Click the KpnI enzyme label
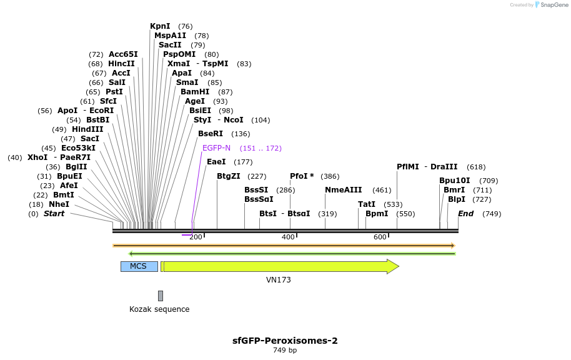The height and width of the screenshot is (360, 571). click(160, 26)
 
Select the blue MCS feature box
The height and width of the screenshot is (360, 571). click(139, 266)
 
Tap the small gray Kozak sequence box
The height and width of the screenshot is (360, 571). click(161, 296)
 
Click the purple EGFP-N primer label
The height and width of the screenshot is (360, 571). click(216, 148)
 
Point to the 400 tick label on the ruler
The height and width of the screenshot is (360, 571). click(288, 237)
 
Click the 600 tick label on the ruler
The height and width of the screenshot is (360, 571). click(380, 237)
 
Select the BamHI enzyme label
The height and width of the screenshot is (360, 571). click(195, 92)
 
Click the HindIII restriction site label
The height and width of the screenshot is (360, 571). click(87, 129)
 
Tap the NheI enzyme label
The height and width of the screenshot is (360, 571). click(59, 204)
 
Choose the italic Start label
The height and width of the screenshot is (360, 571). click(54, 214)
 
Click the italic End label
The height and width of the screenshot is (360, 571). click(465, 214)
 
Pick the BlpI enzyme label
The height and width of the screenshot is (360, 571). click(457, 199)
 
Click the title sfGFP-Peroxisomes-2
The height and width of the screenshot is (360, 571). click(285, 341)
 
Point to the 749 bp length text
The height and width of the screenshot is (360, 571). click(285, 351)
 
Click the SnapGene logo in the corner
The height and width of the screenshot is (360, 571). click(552, 5)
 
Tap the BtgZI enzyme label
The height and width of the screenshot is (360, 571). click(228, 176)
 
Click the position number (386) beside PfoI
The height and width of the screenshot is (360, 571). click(330, 176)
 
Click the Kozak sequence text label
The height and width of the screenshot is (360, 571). click(159, 309)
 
